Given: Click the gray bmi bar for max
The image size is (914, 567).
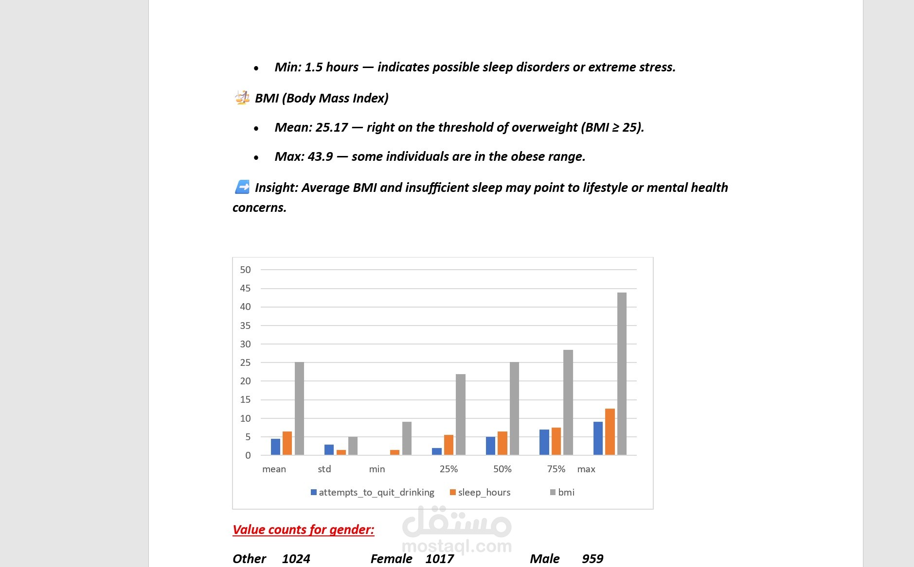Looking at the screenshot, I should click(x=622, y=374).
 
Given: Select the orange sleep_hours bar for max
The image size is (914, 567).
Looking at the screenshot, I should click(x=609, y=432).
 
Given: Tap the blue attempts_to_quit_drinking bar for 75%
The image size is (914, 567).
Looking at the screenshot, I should click(x=544, y=442).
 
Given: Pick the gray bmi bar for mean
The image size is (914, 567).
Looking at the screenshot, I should click(x=299, y=409).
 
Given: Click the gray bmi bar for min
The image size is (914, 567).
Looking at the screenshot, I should click(x=407, y=438).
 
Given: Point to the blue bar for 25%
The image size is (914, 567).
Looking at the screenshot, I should click(x=436, y=451).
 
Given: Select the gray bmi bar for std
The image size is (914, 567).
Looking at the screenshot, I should click(x=353, y=446).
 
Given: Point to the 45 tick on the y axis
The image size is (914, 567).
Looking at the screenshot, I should click(x=245, y=288).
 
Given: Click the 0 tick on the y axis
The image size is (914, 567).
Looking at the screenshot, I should click(x=248, y=455).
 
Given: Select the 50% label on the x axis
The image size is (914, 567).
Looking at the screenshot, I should click(x=502, y=469).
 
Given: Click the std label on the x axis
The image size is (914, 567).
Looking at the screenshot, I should click(x=324, y=469).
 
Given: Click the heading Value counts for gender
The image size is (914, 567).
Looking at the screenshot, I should click(x=303, y=529).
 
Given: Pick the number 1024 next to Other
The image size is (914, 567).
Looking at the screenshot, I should click(x=296, y=559).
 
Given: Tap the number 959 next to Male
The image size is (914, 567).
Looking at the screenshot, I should click(x=592, y=559).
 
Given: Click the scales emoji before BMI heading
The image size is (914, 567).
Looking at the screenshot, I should click(x=242, y=98).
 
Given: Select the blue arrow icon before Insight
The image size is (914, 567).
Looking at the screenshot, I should click(x=242, y=187).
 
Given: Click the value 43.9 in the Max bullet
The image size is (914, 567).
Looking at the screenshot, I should click(x=320, y=156).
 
